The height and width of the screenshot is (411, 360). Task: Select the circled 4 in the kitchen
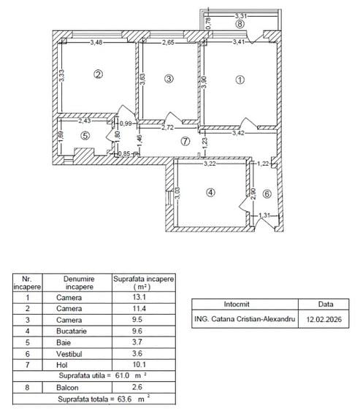pos(211,193)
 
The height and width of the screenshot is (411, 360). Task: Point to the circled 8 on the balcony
pos(240,24)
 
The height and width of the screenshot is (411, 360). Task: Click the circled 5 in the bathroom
pos(85,134)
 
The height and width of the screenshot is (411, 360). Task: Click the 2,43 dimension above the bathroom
pos(85,120)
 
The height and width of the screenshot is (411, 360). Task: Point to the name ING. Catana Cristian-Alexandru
pos(245,319)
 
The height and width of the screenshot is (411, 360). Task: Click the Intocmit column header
pos(245,304)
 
